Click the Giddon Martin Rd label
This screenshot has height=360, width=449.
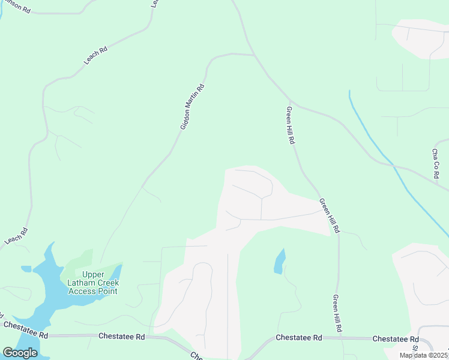point(193,107)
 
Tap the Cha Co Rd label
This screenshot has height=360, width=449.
point(436,163)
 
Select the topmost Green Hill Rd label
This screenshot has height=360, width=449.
point(291,125)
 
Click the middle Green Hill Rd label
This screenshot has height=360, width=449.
point(330,215)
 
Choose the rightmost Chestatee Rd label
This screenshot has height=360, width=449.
point(395,339)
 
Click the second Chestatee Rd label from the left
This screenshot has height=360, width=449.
point(122,337)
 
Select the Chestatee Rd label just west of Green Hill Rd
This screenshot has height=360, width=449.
point(299,338)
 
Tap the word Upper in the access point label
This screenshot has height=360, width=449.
point(93,274)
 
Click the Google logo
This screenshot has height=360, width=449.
point(20,353)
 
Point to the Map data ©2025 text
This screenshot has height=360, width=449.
point(424,355)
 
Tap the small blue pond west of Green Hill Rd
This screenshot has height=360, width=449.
point(279,262)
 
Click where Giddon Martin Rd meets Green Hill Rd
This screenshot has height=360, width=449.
point(255,55)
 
